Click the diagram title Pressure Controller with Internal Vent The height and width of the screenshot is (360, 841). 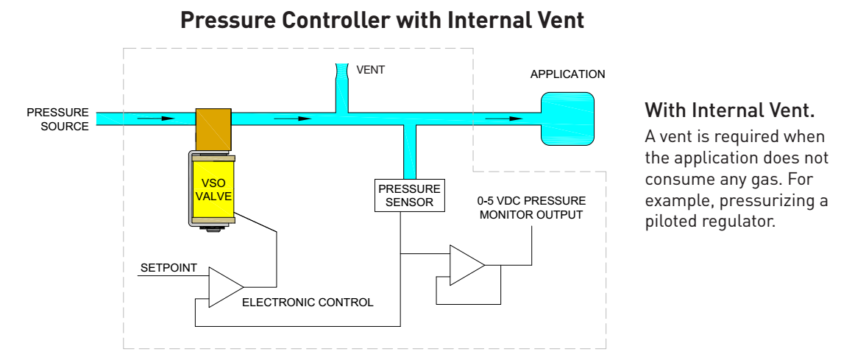pos(382,21)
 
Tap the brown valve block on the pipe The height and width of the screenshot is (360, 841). pos(213,129)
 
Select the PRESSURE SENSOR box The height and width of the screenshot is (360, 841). pos(410,195)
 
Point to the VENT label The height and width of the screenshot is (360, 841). pos(370,71)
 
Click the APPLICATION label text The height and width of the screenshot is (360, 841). pos(567,74)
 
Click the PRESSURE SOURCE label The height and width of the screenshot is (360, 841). pos(58,119)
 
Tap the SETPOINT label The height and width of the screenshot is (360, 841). pos(168,268)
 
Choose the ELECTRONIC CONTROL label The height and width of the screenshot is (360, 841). pos(308,302)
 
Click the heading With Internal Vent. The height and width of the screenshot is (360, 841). pos(729,112)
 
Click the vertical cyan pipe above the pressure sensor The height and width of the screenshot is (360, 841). pos(410,151)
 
